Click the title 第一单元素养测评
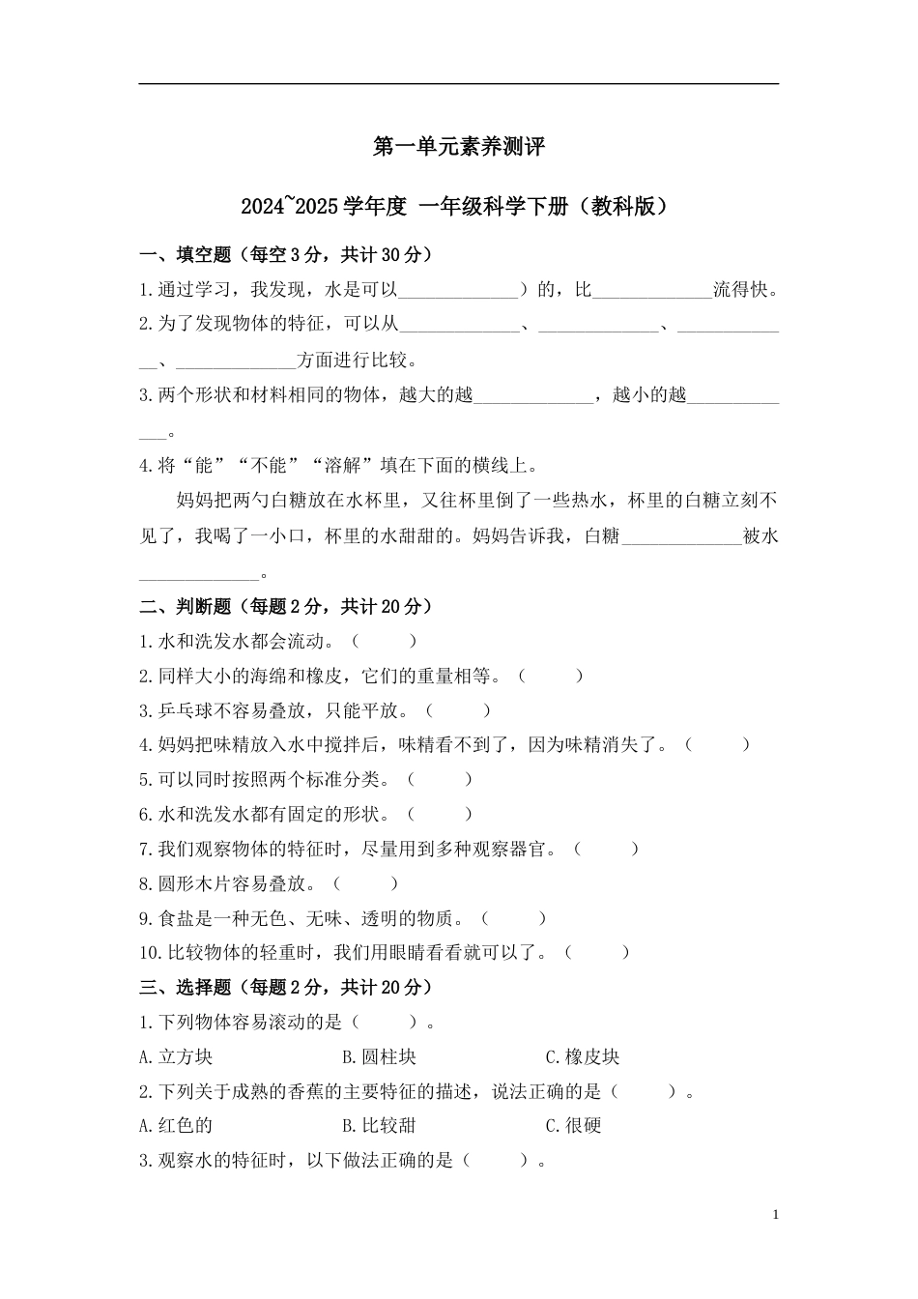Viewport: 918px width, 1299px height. click(459, 147)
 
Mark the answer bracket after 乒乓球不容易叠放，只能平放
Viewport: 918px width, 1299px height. click(458, 710)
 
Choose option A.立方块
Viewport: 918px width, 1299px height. click(176, 1057)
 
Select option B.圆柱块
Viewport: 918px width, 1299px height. click(379, 1057)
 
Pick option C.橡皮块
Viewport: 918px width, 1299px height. click(583, 1057)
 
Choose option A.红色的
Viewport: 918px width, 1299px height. click(176, 1126)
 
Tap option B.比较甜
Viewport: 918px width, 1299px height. click(379, 1126)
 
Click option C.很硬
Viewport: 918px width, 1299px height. click(573, 1126)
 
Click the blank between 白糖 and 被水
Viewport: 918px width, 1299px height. click(681, 538)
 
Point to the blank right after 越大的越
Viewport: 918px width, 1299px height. click(532, 396)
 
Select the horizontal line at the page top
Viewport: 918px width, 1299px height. click(459, 84)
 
